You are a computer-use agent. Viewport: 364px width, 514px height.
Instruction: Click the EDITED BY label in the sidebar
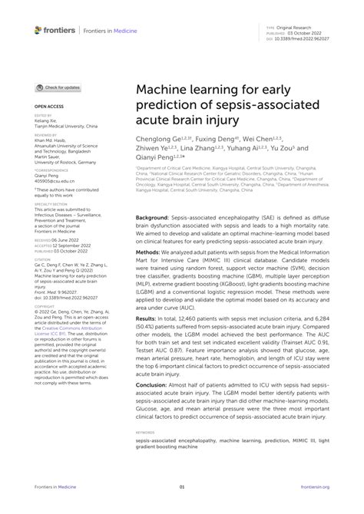(x=43, y=117)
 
